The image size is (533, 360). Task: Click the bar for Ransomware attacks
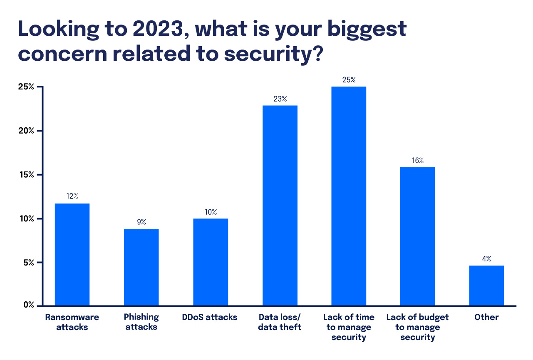tap(72, 254)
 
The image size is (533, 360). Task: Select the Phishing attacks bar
tap(141, 267)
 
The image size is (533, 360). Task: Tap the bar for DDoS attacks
tap(211, 262)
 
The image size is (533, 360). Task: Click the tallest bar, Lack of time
tap(349, 196)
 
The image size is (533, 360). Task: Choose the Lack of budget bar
tap(417, 236)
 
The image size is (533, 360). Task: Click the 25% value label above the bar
tap(349, 80)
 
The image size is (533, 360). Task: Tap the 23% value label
tap(280, 99)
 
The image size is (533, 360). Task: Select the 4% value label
tap(486, 259)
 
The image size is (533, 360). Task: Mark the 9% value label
tap(141, 222)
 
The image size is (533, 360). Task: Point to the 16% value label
tap(418, 160)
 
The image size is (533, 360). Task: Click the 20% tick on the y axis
tap(27, 131)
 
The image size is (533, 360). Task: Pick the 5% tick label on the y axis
tap(29, 263)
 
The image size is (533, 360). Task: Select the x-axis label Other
tap(486, 317)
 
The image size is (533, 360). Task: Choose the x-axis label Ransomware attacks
tap(72, 322)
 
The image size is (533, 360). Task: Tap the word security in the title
tap(265, 54)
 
